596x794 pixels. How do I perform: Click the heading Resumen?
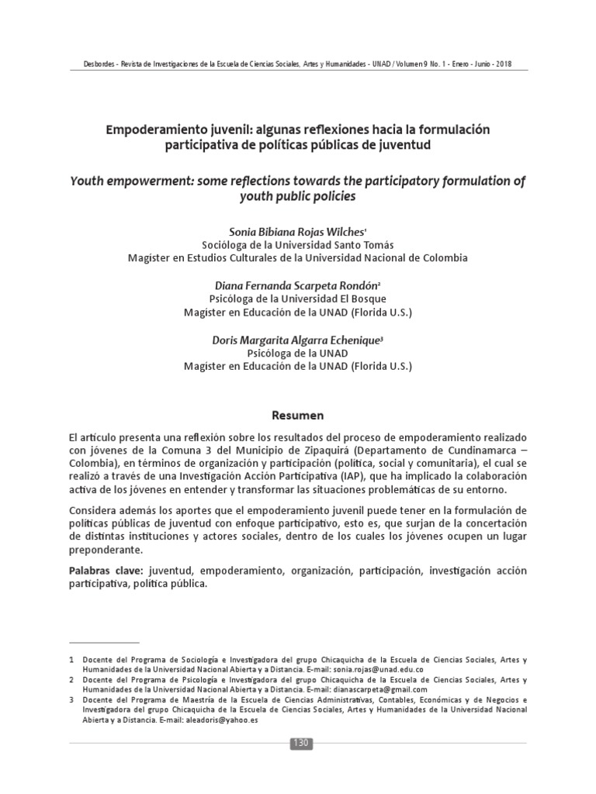297,415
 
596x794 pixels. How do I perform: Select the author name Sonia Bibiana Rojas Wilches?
296,231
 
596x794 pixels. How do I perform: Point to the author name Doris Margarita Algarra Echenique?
296,340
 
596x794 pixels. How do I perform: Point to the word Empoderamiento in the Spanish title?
152,129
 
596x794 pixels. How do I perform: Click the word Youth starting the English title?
86,182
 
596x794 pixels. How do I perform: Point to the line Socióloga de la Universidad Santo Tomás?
297,245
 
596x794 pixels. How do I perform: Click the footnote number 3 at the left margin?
71,699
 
